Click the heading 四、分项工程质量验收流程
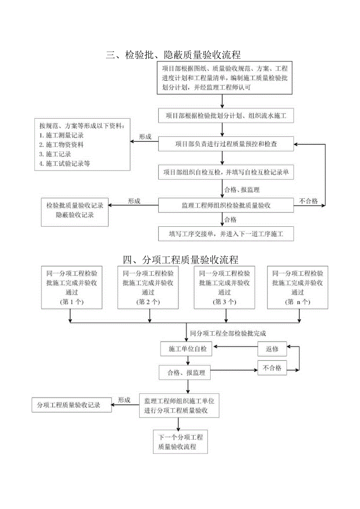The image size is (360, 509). click(180, 260)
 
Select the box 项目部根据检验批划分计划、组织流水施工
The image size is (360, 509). click(226, 116)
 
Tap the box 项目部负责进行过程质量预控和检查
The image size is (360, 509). click(226, 144)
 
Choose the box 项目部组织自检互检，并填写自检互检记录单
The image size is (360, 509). click(226, 172)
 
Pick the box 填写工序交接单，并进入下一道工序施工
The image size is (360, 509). click(226, 234)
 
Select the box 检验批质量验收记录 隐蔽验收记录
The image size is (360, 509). click(75, 210)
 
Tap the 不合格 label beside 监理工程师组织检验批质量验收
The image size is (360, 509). click(309, 201)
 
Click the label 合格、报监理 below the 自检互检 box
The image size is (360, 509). click(242, 190)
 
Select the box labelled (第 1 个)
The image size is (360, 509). click(72, 287)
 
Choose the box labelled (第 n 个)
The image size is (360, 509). click(297, 287)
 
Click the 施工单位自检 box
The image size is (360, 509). click(186, 349)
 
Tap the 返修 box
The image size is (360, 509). click(272, 349)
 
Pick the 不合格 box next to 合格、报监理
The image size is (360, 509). click(272, 368)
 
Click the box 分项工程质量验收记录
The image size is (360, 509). click(71, 405)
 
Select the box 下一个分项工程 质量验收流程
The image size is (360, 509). click(180, 442)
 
